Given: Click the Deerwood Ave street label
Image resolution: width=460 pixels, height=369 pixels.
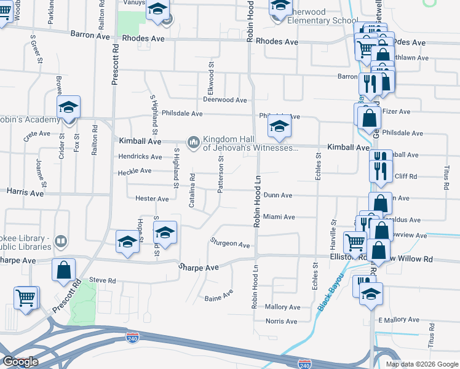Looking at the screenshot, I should [x=225, y=100].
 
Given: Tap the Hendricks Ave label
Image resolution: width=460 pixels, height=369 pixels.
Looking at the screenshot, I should [x=140, y=157].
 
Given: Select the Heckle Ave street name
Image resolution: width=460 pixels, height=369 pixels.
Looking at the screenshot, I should [x=135, y=170].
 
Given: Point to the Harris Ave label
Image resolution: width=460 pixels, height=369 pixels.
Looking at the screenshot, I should [x=25, y=192].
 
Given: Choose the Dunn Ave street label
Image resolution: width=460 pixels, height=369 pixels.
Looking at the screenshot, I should [x=277, y=195].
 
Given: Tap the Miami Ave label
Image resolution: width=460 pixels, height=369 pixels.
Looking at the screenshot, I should [x=279, y=217].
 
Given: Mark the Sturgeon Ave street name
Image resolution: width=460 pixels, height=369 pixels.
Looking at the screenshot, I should [x=230, y=244].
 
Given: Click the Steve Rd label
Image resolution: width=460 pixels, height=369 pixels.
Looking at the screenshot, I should [x=102, y=280].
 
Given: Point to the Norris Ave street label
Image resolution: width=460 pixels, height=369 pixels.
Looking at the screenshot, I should [x=281, y=321].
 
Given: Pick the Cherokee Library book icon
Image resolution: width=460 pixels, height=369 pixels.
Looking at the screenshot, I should [x=60, y=241].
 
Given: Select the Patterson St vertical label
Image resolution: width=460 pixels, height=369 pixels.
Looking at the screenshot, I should [x=220, y=174].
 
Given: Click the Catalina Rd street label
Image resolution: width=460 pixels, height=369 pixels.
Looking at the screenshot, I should [x=192, y=190].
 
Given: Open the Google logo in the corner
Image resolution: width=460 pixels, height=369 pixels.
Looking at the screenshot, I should [x=20, y=362].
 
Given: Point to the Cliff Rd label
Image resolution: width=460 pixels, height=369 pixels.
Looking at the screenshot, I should [x=405, y=176].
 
